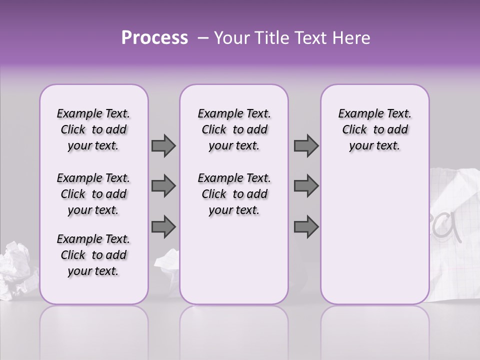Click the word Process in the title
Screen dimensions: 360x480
tap(154, 38)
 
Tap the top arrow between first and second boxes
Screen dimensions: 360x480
tap(163, 145)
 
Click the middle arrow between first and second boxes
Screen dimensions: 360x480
tap(163, 186)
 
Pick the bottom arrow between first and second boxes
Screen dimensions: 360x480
tap(163, 226)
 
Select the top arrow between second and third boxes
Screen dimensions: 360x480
tap(306, 145)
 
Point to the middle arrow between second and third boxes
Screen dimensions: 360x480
tap(306, 186)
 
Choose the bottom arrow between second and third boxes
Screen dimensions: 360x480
tap(306, 226)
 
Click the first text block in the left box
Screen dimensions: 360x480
tap(93, 129)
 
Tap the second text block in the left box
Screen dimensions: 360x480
tap(93, 194)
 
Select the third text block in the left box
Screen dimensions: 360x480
tap(93, 255)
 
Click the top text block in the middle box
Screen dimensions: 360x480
tap(234, 129)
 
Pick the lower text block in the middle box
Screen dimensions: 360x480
tap(234, 194)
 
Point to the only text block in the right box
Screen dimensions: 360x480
tap(374, 129)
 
